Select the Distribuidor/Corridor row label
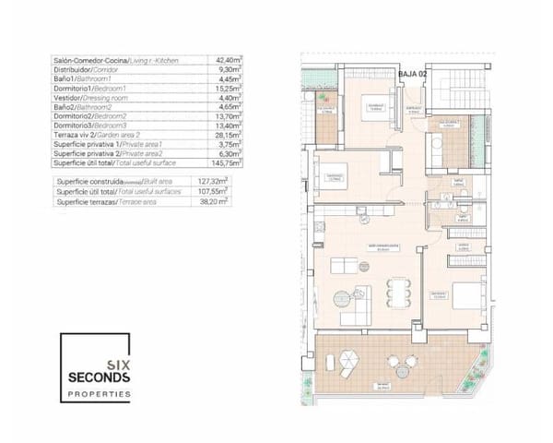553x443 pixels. (x=88, y=69)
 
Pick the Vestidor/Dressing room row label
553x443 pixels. (x=88, y=97)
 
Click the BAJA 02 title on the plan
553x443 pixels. (x=412, y=73)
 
